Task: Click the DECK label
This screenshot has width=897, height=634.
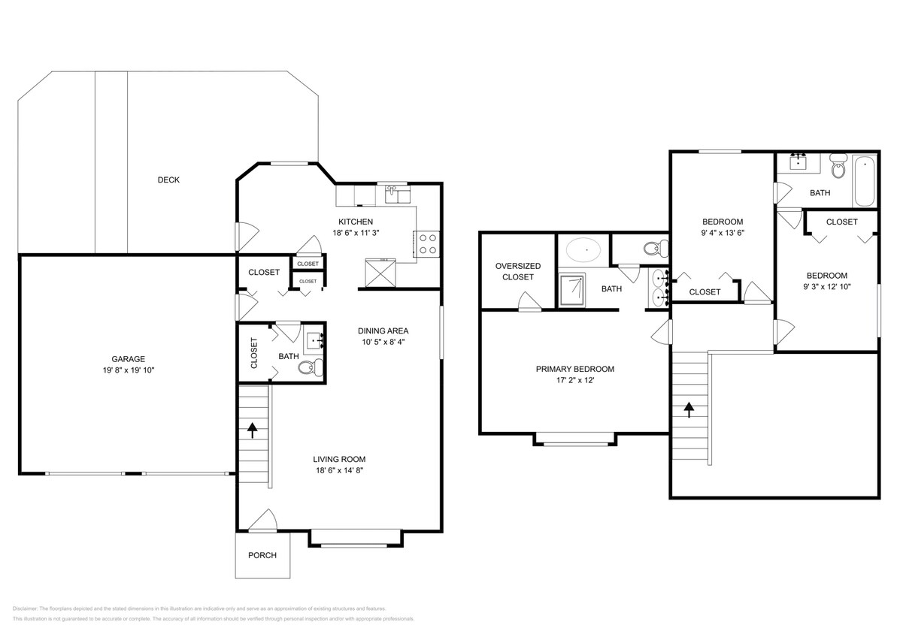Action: [x=168, y=180]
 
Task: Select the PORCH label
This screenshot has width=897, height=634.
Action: [x=262, y=556]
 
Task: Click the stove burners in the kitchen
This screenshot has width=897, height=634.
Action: [x=428, y=244]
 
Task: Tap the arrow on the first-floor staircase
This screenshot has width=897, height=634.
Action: [x=253, y=430]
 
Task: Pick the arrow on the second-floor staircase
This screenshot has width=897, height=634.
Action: [x=688, y=409]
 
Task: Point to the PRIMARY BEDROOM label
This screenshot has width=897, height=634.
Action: [x=574, y=370]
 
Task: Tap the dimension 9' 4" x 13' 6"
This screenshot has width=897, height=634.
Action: [x=722, y=234]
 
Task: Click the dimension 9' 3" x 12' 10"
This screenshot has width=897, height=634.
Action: [x=826, y=287]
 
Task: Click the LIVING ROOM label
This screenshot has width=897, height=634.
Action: [x=339, y=459]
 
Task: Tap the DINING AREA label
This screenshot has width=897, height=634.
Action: [x=383, y=331]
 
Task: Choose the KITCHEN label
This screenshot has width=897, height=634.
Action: [x=355, y=222]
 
